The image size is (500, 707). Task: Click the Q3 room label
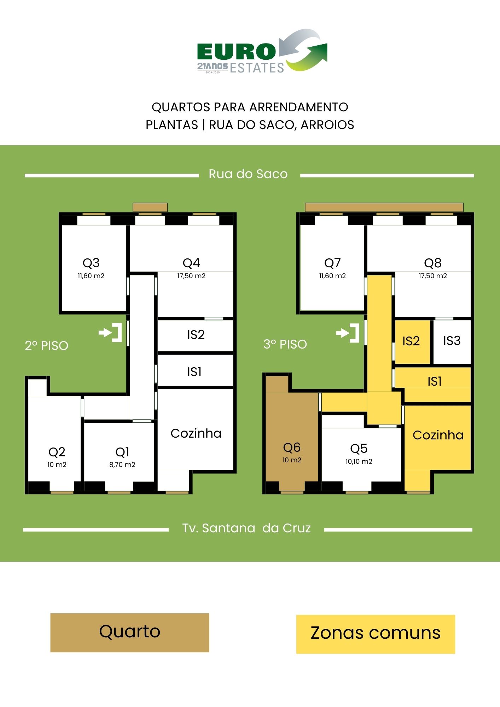point(91,263)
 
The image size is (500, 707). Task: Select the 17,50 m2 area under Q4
point(191,276)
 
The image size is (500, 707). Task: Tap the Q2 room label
point(57,452)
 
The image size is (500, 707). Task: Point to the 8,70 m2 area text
point(122,464)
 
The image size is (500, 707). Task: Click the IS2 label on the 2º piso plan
point(196,334)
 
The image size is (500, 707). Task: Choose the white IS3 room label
point(452,340)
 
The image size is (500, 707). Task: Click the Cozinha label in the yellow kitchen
point(438,435)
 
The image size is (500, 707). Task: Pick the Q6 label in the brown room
point(292,448)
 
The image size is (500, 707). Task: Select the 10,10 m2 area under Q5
point(359,461)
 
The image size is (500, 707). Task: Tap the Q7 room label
point(332,263)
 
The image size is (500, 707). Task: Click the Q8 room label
point(433,263)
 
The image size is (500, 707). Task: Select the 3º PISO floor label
point(285,344)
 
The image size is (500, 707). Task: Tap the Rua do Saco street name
point(248,174)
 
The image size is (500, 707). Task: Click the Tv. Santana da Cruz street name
point(246,528)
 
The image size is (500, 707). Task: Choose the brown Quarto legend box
point(130,632)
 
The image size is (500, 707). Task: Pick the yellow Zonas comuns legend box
point(376,634)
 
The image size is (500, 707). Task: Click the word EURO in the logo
point(236,52)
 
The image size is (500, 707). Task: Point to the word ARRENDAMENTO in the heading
point(299,107)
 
